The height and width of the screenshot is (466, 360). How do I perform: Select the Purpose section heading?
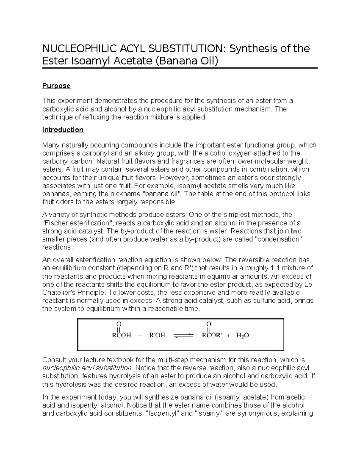pyautogui.click(x=56, y=86)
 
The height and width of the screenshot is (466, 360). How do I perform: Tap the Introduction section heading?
pyautogui.click(x=63, y=130)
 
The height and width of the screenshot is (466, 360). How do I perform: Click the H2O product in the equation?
pyautogui.click(x=242, y=335)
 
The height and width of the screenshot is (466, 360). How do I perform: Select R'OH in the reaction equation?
pyautogui.click(x=157, y=335)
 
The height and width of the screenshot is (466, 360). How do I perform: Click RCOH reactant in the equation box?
pyautogui.click(x=121, y=335)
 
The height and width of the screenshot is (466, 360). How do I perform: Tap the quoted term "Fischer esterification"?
pyautogui.click(x=77, y=223)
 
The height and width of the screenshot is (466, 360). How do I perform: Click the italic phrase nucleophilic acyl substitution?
pyautogui.click(x=87, y=368)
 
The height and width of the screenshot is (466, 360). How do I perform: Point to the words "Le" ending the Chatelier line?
pyautogui.click(x=308, y=284)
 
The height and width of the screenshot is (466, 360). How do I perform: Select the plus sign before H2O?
pyautogui.click(x=229, y=336)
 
